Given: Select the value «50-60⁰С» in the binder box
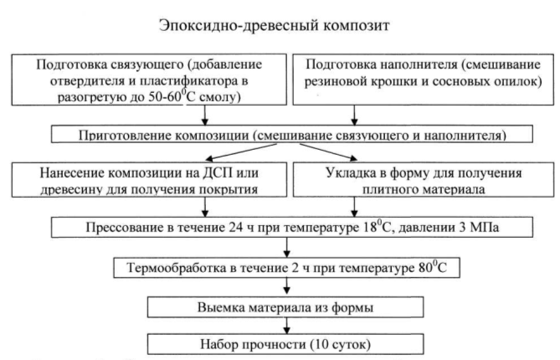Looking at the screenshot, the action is [x=172, y=96].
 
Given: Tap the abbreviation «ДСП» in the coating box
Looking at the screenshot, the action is [x=218, y=173].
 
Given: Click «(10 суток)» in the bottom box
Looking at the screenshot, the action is [x=341, y=345].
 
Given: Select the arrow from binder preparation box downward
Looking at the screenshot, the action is [x=204, y=115].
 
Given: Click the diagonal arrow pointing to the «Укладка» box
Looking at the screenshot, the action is [x=328, y=152].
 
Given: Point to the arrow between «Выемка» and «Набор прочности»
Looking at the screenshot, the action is [x=286, y=326].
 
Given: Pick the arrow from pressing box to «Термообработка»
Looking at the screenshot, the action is [x=286, y=247].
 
